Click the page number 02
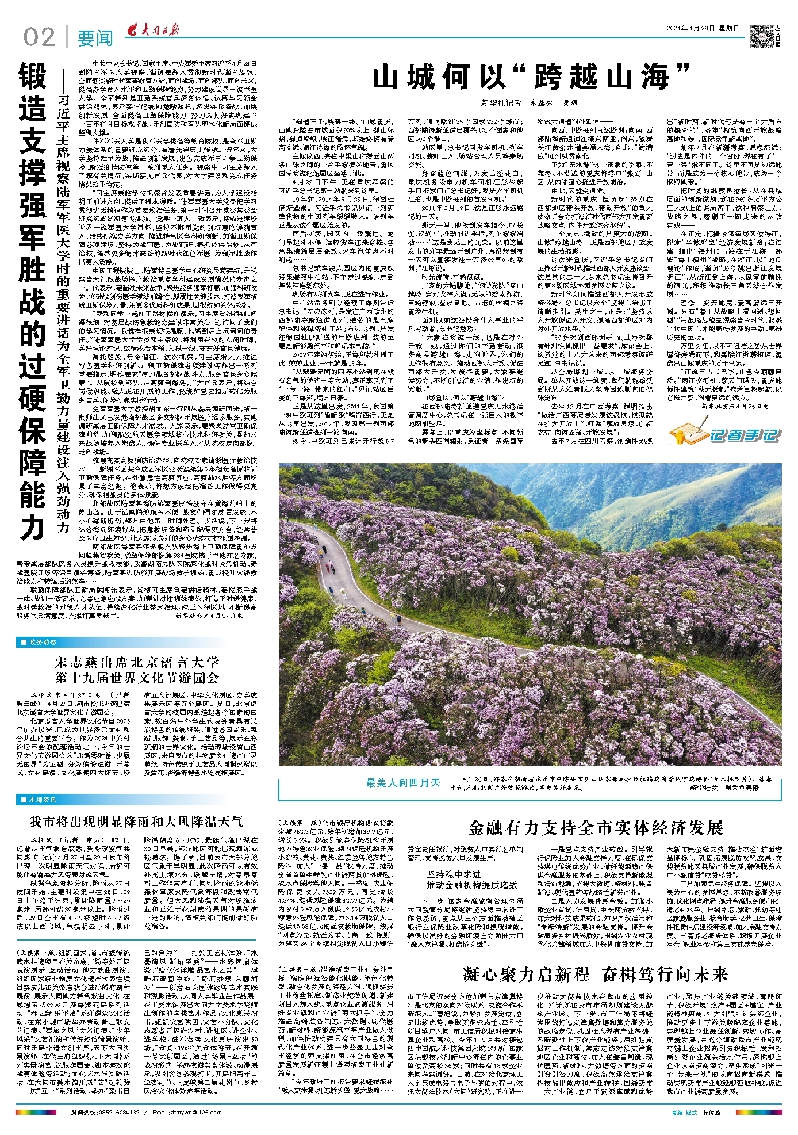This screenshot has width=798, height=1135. (x=39, y=37)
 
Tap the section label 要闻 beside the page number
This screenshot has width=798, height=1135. (x=95, y=38)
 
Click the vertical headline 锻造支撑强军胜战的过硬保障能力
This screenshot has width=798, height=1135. (x=33, y=299)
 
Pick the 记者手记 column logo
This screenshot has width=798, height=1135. (x=726, y=434)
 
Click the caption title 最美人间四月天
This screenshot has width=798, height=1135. (x=403, y=782)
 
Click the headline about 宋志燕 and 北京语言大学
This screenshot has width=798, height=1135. (x=137, y=669)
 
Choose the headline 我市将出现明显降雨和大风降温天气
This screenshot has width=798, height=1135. (x=137, y=821)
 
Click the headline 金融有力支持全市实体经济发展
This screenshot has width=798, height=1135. (x=595, y=828)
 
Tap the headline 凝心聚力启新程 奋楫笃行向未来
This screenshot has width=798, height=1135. (x=595, y=975)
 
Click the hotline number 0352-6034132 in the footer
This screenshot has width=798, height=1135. (x=117, y=1113)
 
